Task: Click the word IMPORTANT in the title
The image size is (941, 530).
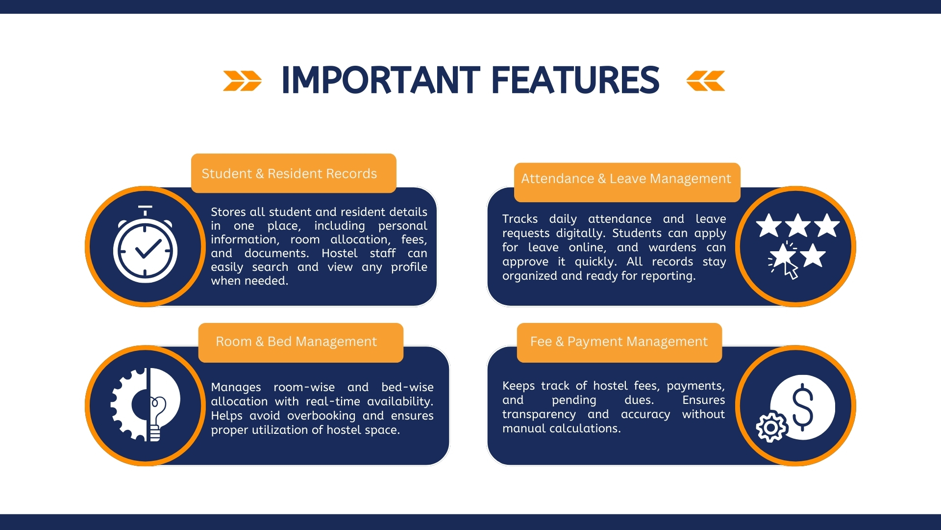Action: click(380, 80)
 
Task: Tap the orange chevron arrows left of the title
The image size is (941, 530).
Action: click(242, 81)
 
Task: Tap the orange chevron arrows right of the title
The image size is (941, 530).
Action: click(706, 81)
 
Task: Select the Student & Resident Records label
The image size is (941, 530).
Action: click(289, 174)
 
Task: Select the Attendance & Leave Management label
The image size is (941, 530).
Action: click(626, 179)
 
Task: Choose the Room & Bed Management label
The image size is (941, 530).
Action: click(296, 342)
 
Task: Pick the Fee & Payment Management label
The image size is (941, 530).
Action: click(619, 342)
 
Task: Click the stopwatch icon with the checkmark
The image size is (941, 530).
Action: click(146, 245)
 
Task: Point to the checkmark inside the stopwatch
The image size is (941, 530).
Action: click(148, 249)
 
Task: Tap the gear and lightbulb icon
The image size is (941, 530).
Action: click(146, 405)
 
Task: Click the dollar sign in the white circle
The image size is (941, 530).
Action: click(802, 407)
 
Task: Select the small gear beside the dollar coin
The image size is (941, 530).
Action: click(771, 427)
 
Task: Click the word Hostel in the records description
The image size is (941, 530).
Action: click(339, 253)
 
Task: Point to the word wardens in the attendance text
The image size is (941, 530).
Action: click(672, 247)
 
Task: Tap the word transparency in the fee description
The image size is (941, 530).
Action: click(539, 415)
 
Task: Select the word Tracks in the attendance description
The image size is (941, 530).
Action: click(520, 219)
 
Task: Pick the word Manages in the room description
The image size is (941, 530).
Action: click(236, 387)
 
